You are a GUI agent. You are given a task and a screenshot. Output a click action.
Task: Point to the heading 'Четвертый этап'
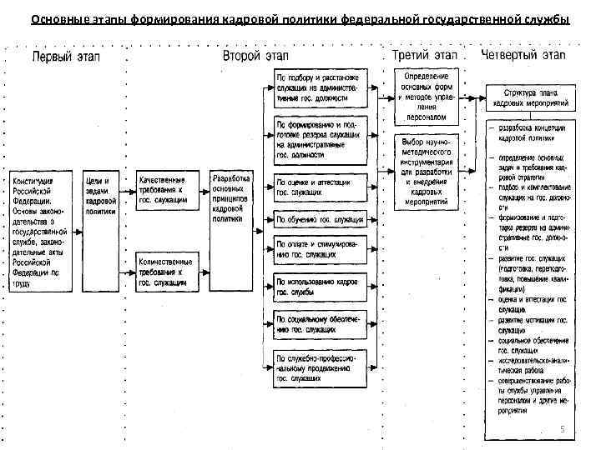coord(523,56)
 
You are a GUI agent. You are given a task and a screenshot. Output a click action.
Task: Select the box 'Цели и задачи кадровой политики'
coord(99,196)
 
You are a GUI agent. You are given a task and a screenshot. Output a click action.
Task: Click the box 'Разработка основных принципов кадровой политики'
coord(230,197)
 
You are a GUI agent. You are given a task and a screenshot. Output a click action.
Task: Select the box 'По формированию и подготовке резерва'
coord(320,139)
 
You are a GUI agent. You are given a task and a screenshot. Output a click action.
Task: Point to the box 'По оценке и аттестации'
coord(320,187)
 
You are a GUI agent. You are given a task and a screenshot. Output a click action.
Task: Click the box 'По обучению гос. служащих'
coord(320,219)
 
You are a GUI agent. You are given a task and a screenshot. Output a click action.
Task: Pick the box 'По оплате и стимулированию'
coord(320,247)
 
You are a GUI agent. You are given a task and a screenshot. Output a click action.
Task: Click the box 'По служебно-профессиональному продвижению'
coord(320,367)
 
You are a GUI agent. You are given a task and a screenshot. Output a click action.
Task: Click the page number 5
coord(562,429)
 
